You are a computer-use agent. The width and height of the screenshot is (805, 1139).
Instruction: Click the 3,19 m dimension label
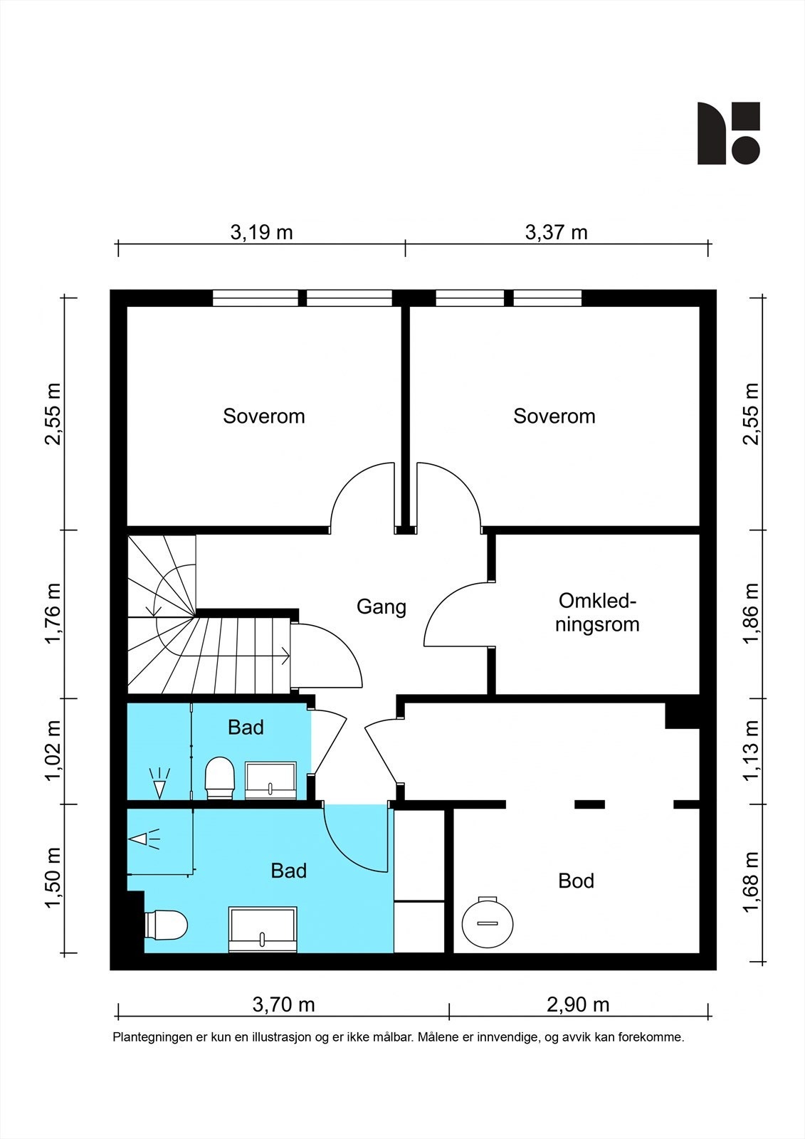261,232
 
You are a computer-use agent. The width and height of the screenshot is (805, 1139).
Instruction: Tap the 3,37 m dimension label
556,232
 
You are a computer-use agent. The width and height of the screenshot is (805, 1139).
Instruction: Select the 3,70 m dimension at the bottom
284,1004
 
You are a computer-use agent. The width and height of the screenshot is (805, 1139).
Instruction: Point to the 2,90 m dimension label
578,1004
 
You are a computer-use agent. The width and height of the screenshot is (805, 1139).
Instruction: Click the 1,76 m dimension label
53,613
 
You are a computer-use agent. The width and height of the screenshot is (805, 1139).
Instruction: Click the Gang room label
382,607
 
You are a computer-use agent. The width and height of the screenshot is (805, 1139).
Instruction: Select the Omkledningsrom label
597,613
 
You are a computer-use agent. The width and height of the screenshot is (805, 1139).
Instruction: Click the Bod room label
576,881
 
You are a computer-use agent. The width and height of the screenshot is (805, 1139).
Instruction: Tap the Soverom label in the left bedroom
264,416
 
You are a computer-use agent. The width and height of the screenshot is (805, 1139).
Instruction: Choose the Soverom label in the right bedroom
554,416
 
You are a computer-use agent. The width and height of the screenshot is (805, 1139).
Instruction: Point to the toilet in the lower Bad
166,925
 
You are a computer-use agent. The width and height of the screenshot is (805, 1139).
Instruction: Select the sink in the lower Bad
263,929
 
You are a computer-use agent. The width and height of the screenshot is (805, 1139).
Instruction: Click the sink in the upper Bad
271,780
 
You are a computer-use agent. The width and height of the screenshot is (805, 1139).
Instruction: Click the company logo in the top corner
728,133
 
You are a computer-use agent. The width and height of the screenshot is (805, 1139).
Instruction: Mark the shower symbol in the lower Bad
144,839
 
